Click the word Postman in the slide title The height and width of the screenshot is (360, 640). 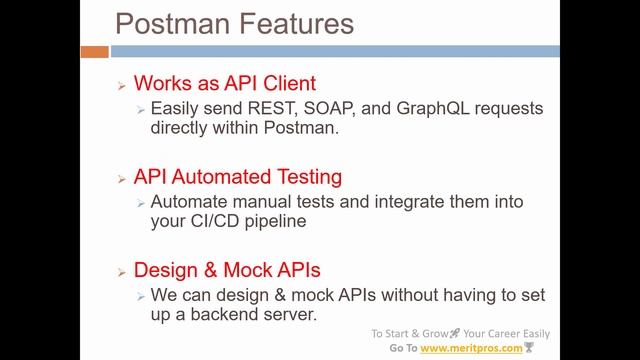pyautogui.click(x=172, y=23)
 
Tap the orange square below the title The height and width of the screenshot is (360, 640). pyautogui.click(x=94, y=51)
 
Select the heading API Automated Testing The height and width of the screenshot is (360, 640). pyautogui.click(x=238, y=177)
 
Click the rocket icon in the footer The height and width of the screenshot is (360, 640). pyautogui.click(x=455, y=333)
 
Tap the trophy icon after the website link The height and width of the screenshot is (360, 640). pyautogui.click(x=531, y=348)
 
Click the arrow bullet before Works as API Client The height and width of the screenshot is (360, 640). pyautogui.click(x=121, y=87)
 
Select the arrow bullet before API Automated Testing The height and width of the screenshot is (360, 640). pyautogui.click(x=121, y=179)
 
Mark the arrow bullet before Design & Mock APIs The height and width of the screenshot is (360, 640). pyautogui.click(x=121, y=273)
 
